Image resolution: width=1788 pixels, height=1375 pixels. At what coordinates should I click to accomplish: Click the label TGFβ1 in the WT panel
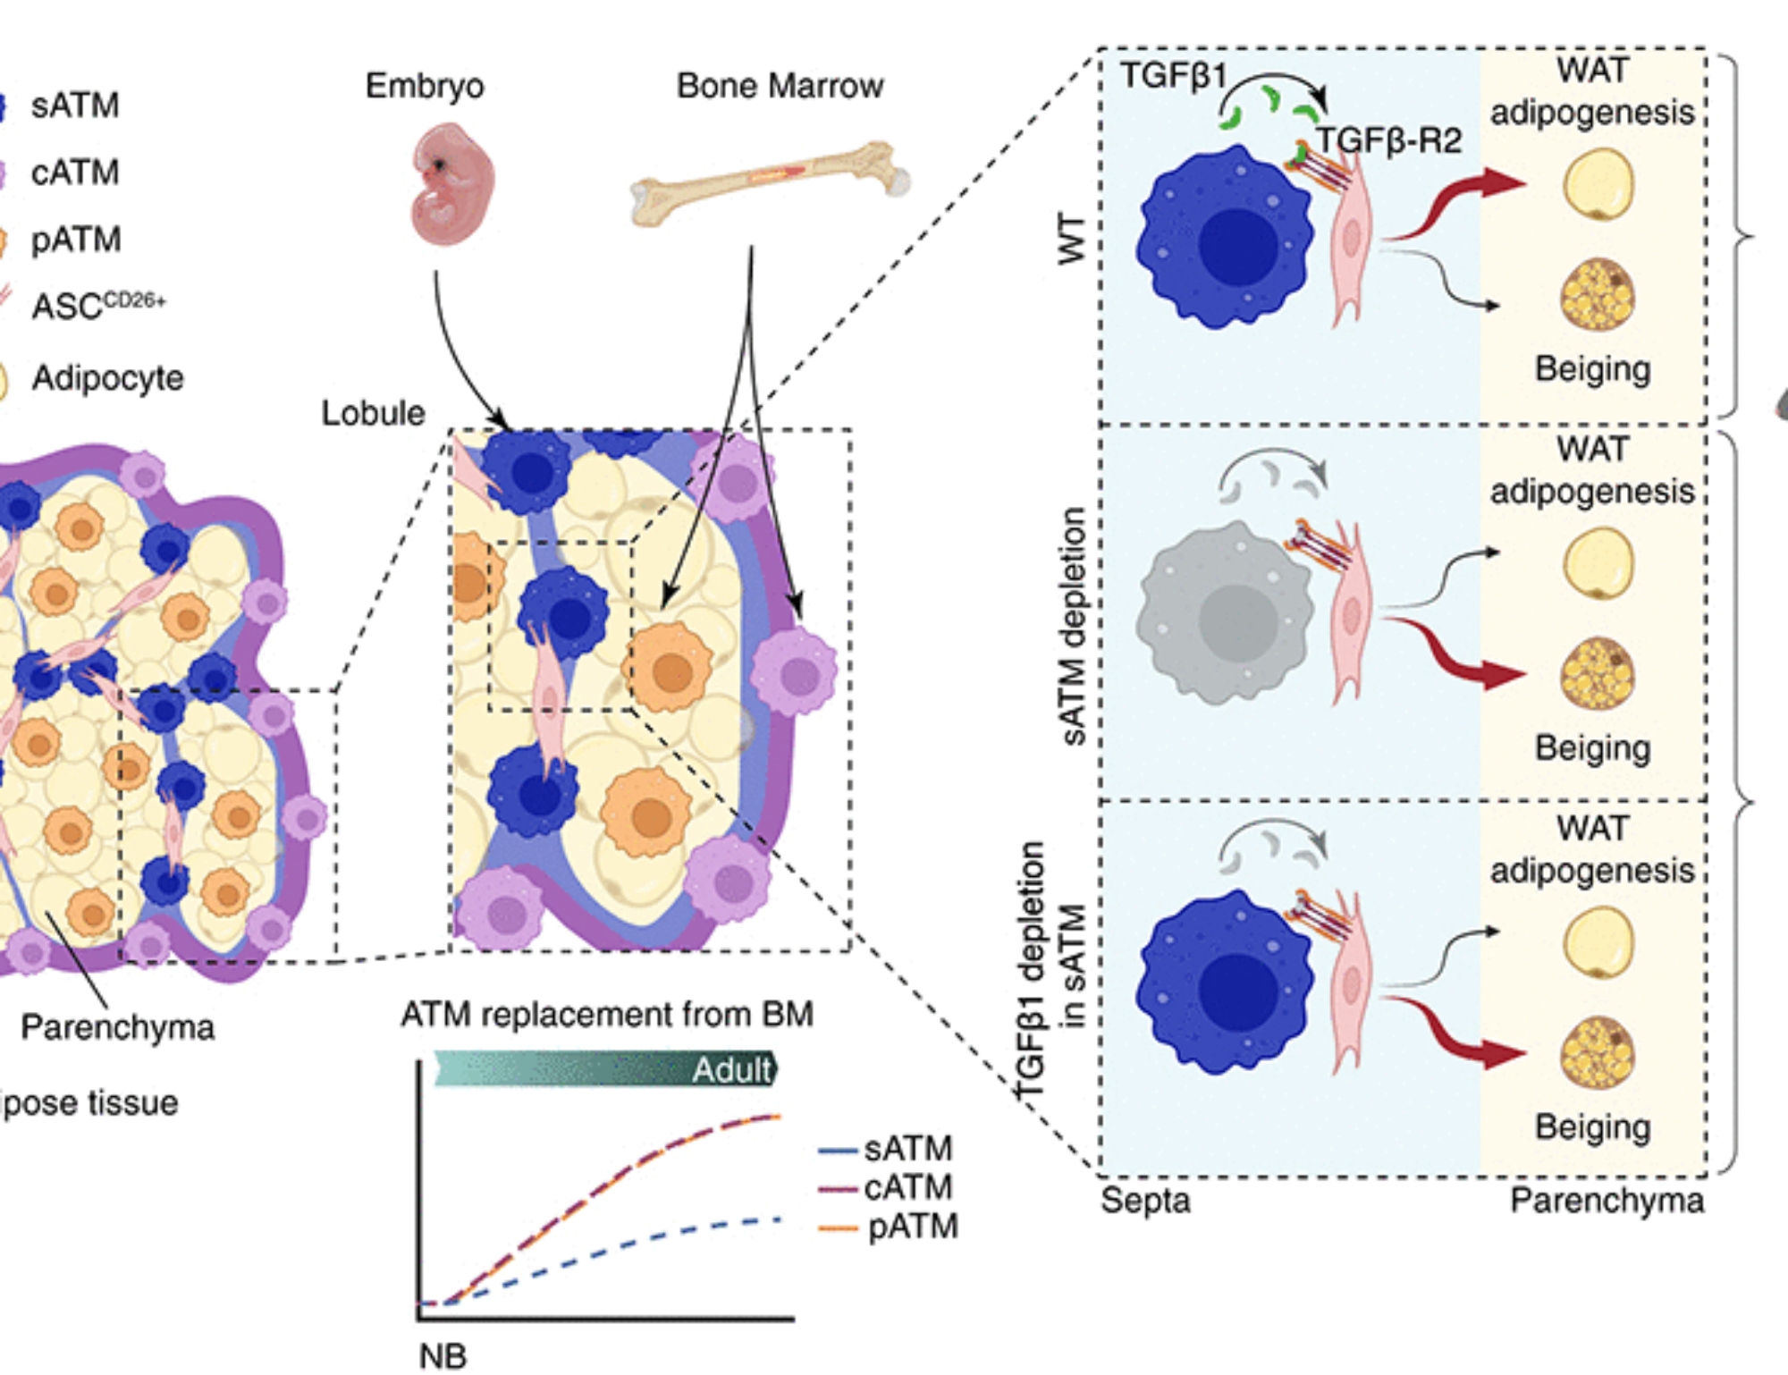(1173, 76)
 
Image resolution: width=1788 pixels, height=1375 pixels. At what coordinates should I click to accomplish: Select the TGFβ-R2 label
(1388, 140)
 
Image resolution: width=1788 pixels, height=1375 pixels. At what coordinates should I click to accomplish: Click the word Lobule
(373, 413)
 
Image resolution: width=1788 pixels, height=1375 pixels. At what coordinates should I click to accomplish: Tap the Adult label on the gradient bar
(731, 1069)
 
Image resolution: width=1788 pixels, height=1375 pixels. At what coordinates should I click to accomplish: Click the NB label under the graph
(443, 1355)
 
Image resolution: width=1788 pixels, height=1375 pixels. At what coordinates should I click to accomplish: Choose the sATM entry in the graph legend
(907, 1148)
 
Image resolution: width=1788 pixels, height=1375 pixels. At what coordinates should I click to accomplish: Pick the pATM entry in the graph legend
(912, 1226)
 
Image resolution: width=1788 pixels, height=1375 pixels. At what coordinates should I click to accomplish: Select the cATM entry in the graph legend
(907, 1187)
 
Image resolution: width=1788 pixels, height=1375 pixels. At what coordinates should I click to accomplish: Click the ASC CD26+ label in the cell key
(98, 306)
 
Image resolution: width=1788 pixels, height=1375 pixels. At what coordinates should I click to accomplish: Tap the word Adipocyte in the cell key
(107, 378)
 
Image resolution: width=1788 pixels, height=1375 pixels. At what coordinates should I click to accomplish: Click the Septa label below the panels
(1145, 1200)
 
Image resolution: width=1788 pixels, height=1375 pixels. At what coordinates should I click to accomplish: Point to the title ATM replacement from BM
(607, 1015)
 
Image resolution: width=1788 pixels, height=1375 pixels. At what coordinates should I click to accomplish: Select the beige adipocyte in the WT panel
(1598, 294)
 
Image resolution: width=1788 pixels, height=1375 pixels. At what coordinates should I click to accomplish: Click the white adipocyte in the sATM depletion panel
(1598, 563)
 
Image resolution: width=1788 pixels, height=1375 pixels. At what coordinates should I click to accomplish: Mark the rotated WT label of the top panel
(1071, 239)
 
